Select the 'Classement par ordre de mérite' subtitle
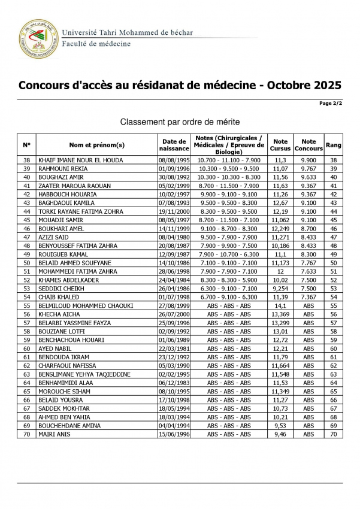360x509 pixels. pyautogui.click(x=180, y=121)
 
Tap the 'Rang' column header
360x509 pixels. pyautogui.click(x=334, y=144)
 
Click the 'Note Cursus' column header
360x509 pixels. pyautogui.click(x=280, y=144)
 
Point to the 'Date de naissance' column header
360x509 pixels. pyautogui.click(x=174, y=144)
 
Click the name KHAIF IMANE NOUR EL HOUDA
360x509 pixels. pyautogui.click(x=80, y=160)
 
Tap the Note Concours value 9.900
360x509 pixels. pyautogui.click(x=308, y=160)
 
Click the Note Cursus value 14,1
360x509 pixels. pyautogui.click(x=280, y=305)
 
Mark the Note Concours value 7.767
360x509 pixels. pyautogui.click(x=308, y=263)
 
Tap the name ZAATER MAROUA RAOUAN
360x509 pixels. pyautogui.click(x=74, y=186)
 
